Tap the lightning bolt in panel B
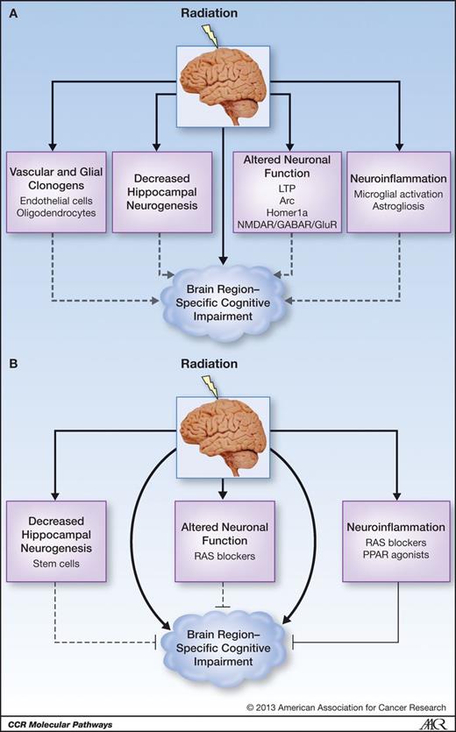click(210, 382)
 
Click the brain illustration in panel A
click(227, 83)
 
